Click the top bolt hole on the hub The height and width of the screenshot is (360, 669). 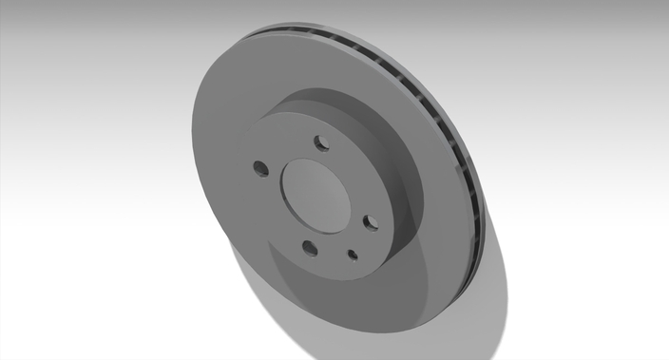[x=321, y=143]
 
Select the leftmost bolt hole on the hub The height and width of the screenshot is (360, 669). [x=260, y=169]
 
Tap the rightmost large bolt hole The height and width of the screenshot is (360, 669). [x=371, y=222]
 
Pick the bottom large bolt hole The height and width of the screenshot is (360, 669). [x=310, y=249]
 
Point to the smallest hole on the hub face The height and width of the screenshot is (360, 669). [x=353, y=254]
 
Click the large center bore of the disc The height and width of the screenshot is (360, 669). [x=317, y=194]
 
